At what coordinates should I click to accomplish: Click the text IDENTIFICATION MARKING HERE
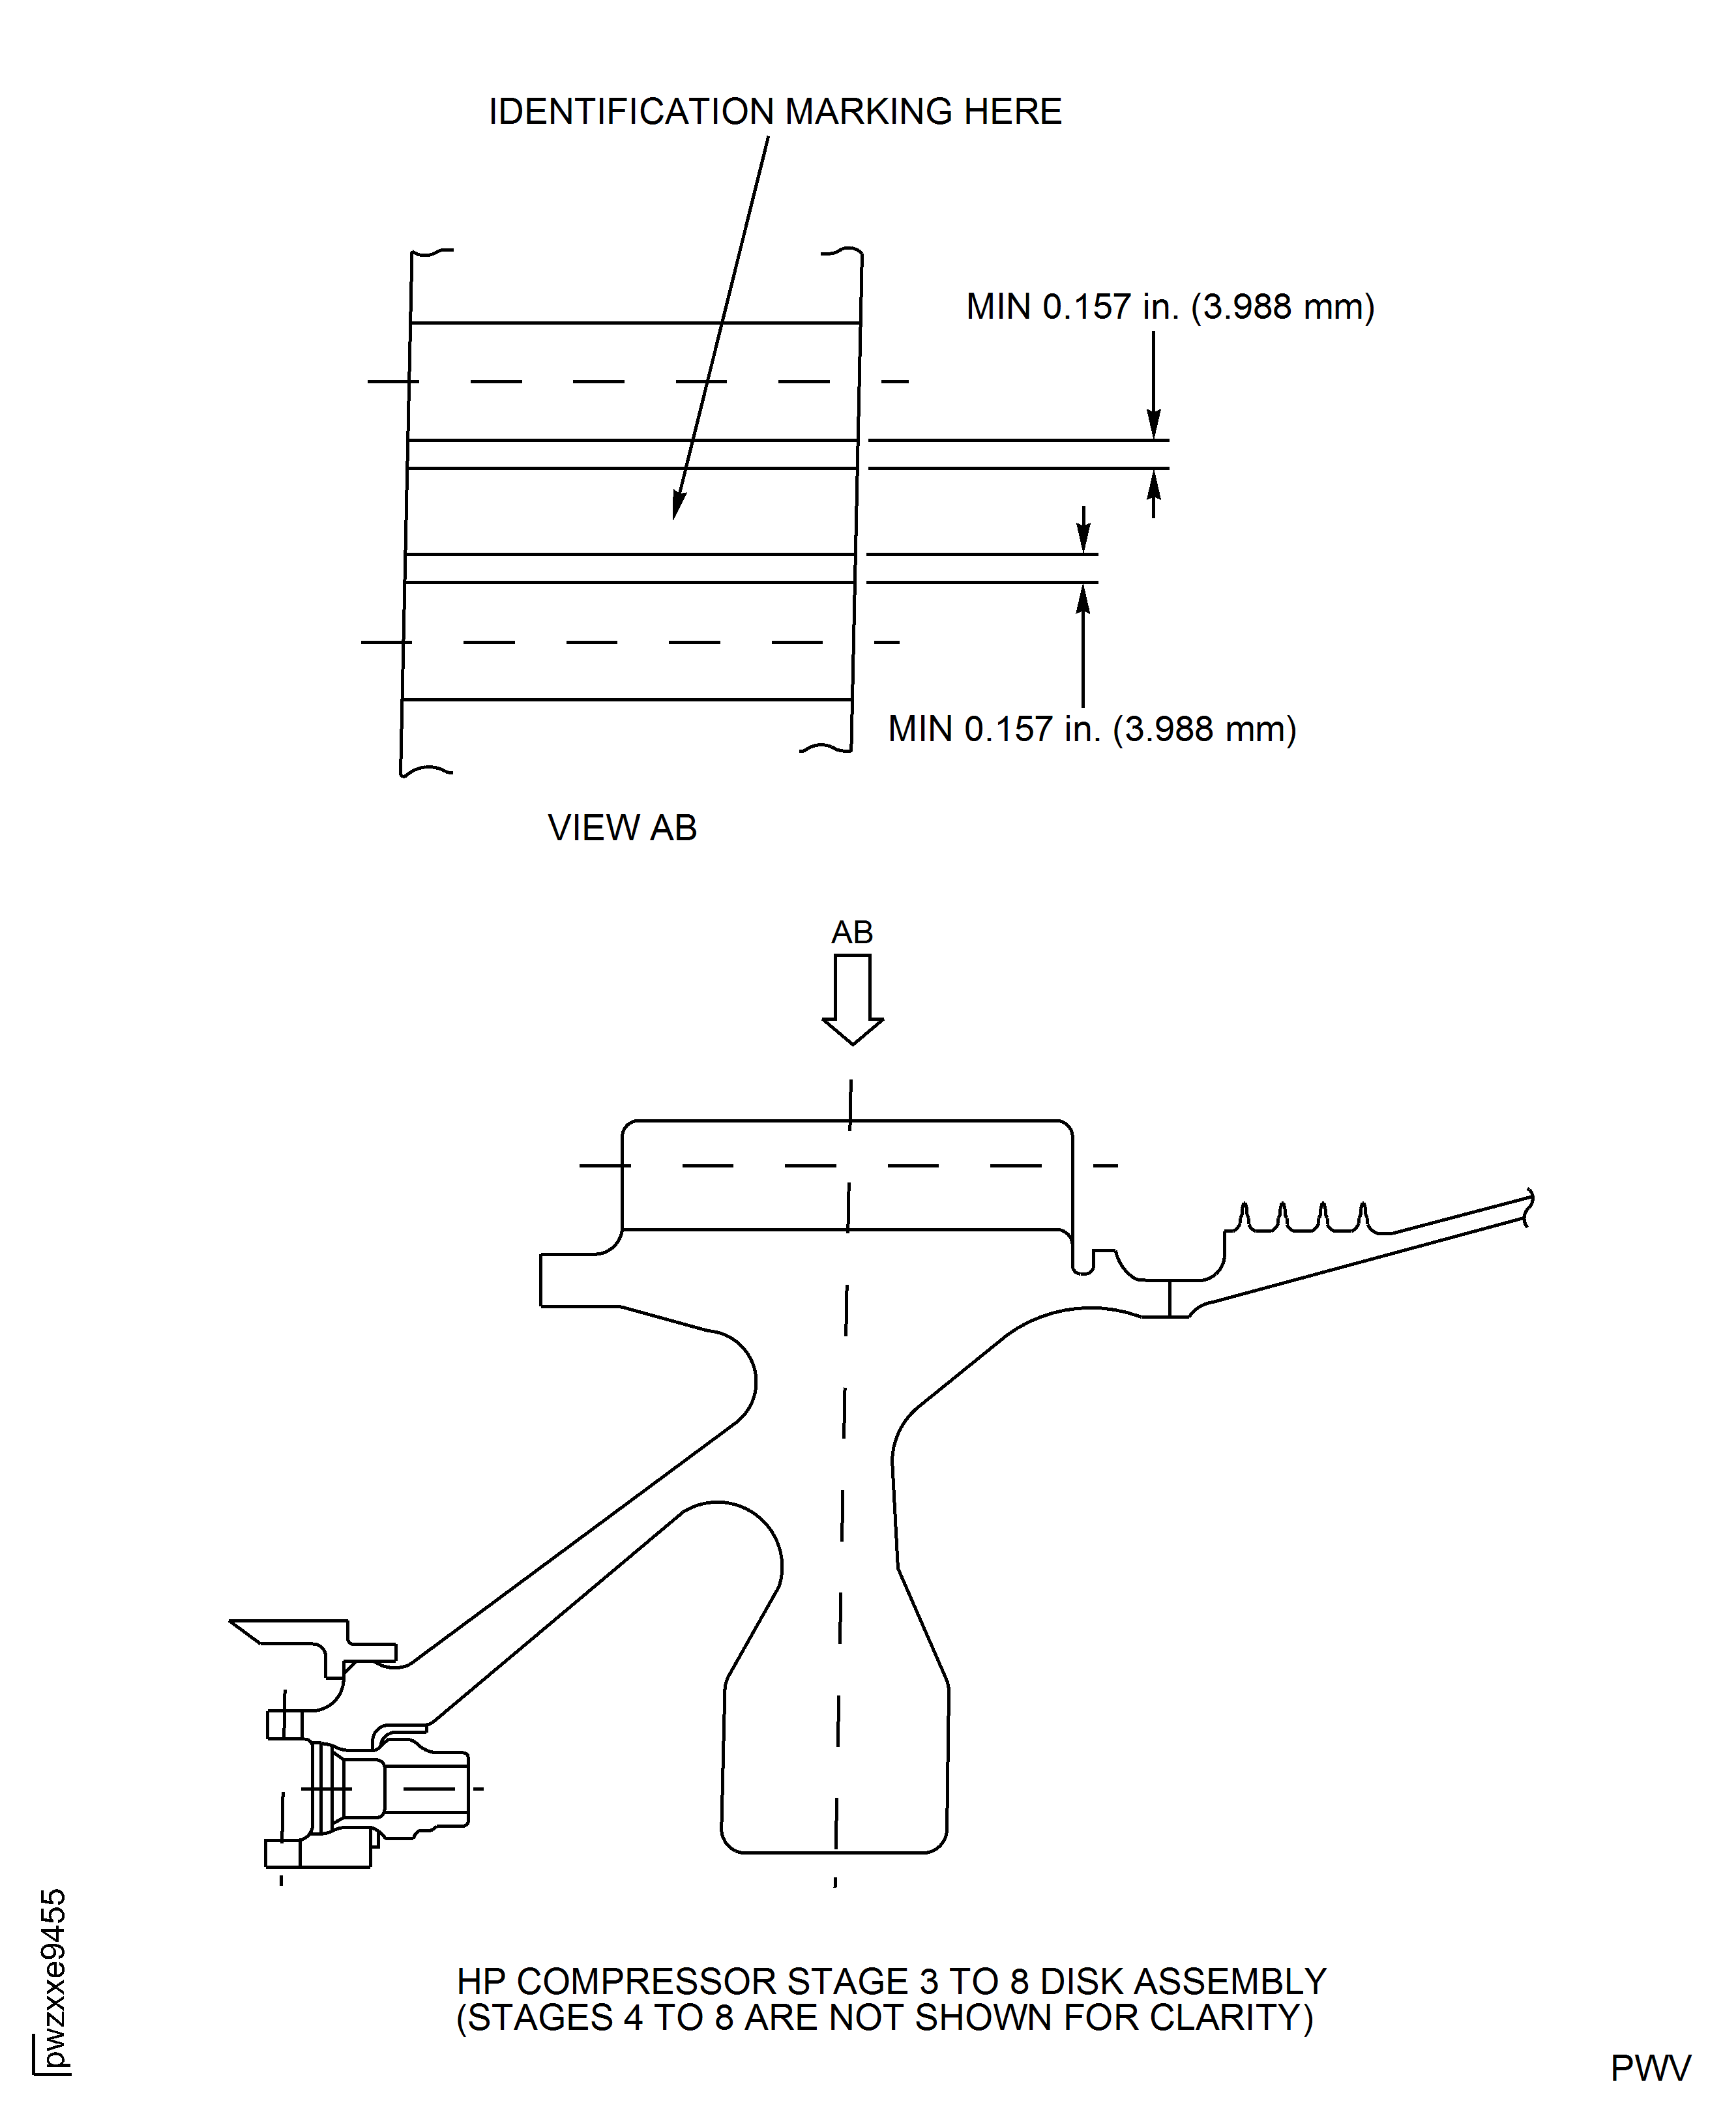[x=775, y=112]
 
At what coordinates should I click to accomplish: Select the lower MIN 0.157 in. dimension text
[x=1092, y=729]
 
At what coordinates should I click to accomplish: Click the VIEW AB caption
[x=623, y=828]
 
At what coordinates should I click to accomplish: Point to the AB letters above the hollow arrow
[x=851, y=932]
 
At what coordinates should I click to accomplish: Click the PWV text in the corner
[x=1649, y=2068]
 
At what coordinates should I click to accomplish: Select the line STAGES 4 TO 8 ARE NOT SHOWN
[x=883, y=2018]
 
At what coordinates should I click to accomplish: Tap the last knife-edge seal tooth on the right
[x=1362, y=1215]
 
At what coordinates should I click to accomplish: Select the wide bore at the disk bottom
[x=834, y=1777]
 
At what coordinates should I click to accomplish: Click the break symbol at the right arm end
[x=1529, y=1207]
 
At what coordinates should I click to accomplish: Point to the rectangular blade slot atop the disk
[x=847, y=1175]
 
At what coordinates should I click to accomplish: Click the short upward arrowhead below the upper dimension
[x=1153, y=486]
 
